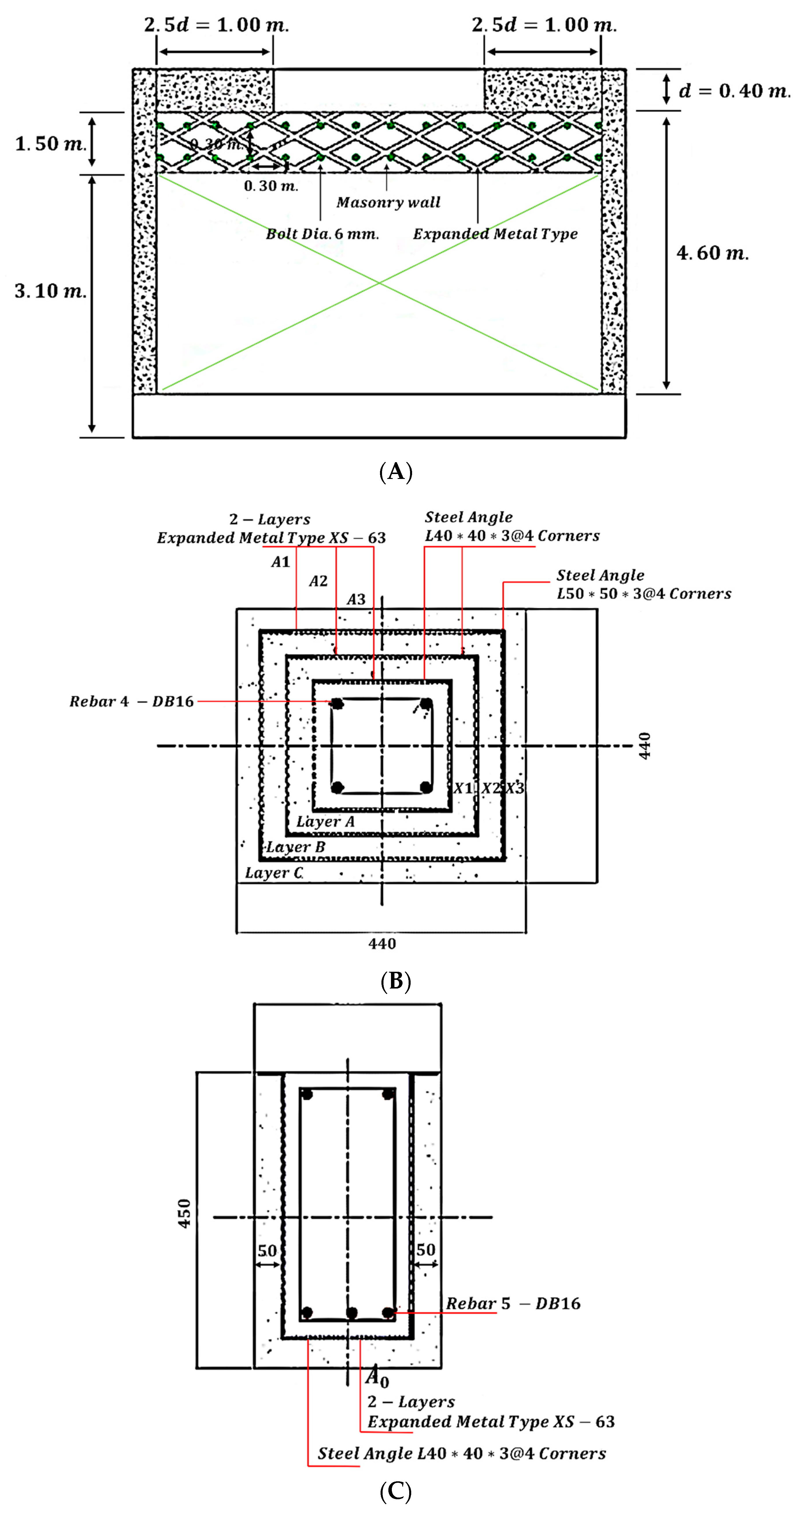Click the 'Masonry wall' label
coord(388,202)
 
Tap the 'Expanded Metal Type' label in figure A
coord(495,234)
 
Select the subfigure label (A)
coord(395,472)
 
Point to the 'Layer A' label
coord(325,821)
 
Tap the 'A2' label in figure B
coord(318,582)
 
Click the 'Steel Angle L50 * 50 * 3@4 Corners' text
coord(644,584)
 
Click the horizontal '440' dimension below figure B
coord(382,944)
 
